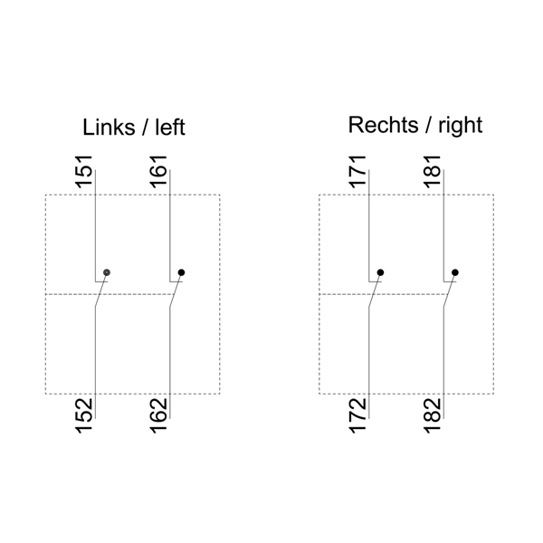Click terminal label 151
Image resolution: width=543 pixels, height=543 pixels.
(84, 172)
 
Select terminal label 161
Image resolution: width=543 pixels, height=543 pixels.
(159, 172)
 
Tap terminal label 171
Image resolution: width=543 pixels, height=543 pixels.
(358, 172)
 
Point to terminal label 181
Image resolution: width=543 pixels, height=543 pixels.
(433, 172)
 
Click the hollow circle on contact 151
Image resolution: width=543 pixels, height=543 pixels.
(108, 271)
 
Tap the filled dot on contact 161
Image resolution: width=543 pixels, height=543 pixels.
(181, 271)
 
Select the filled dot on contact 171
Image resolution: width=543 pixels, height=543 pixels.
(380, 271)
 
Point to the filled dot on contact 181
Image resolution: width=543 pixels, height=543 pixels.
(454, 271)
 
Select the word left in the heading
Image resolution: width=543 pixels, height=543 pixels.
(168, 128)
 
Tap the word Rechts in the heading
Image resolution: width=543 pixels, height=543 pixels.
(380, 125)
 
